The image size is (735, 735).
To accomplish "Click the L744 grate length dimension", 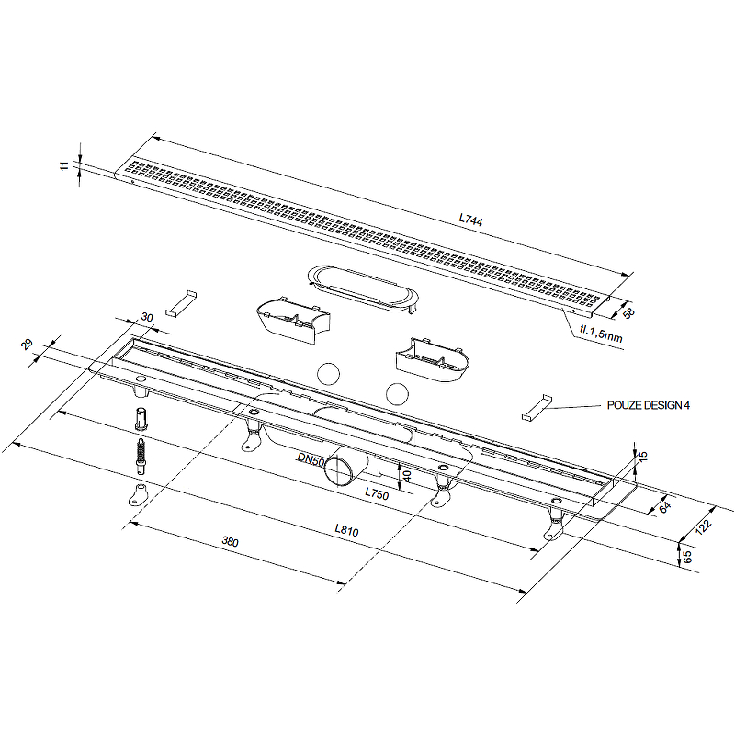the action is point(470,220).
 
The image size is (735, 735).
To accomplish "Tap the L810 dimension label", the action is point(346,530).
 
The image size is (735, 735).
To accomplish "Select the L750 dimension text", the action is point(377,493).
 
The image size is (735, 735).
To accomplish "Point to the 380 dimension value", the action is point(231,541).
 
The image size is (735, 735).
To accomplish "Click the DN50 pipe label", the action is point(311,460).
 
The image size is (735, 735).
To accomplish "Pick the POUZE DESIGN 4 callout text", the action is point(649,405).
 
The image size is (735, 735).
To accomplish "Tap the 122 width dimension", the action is point(703,526).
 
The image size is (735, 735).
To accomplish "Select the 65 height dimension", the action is point(686,557).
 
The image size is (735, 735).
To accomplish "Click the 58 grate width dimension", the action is point(628,313).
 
